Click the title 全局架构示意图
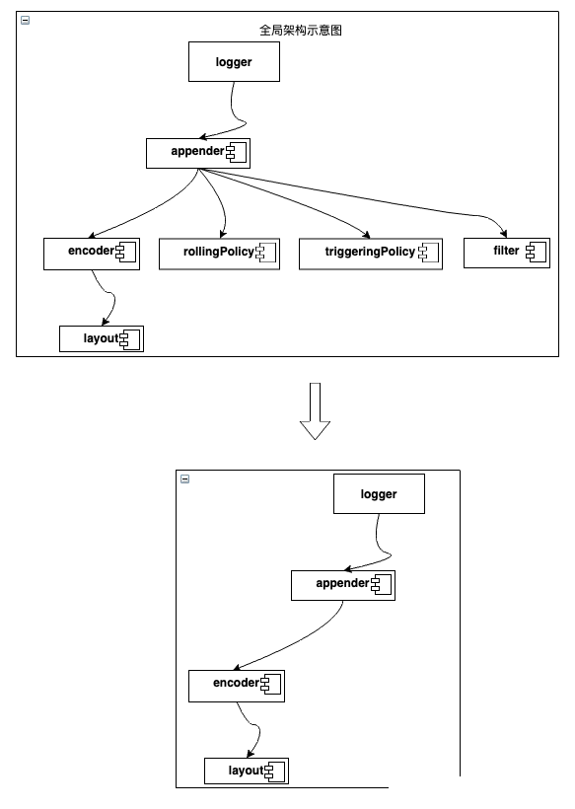tap(300, 30)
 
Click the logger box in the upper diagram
tap(234, 62)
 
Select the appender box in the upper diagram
tap(198, 153)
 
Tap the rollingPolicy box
tap(219, 254)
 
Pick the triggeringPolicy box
tap(371, 254)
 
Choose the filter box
tap(507, 253)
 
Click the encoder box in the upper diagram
tap(92, 254)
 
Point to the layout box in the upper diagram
tap(102, 339)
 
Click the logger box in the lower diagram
tap(379, 493)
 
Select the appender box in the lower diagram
tap(343, 586)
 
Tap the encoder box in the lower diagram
tap(237, 687)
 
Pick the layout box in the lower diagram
tap(247, 771)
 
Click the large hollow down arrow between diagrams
tap(315, 411)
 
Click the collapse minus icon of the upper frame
tap(26, 20)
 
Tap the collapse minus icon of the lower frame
tap(185, 478)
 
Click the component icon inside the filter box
tap(536, 252)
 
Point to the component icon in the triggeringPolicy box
tap(429, 252)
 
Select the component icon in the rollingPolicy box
tap(266, 252)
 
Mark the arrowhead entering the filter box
tap(503, 234)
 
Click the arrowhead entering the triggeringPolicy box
tap(367, 235)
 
